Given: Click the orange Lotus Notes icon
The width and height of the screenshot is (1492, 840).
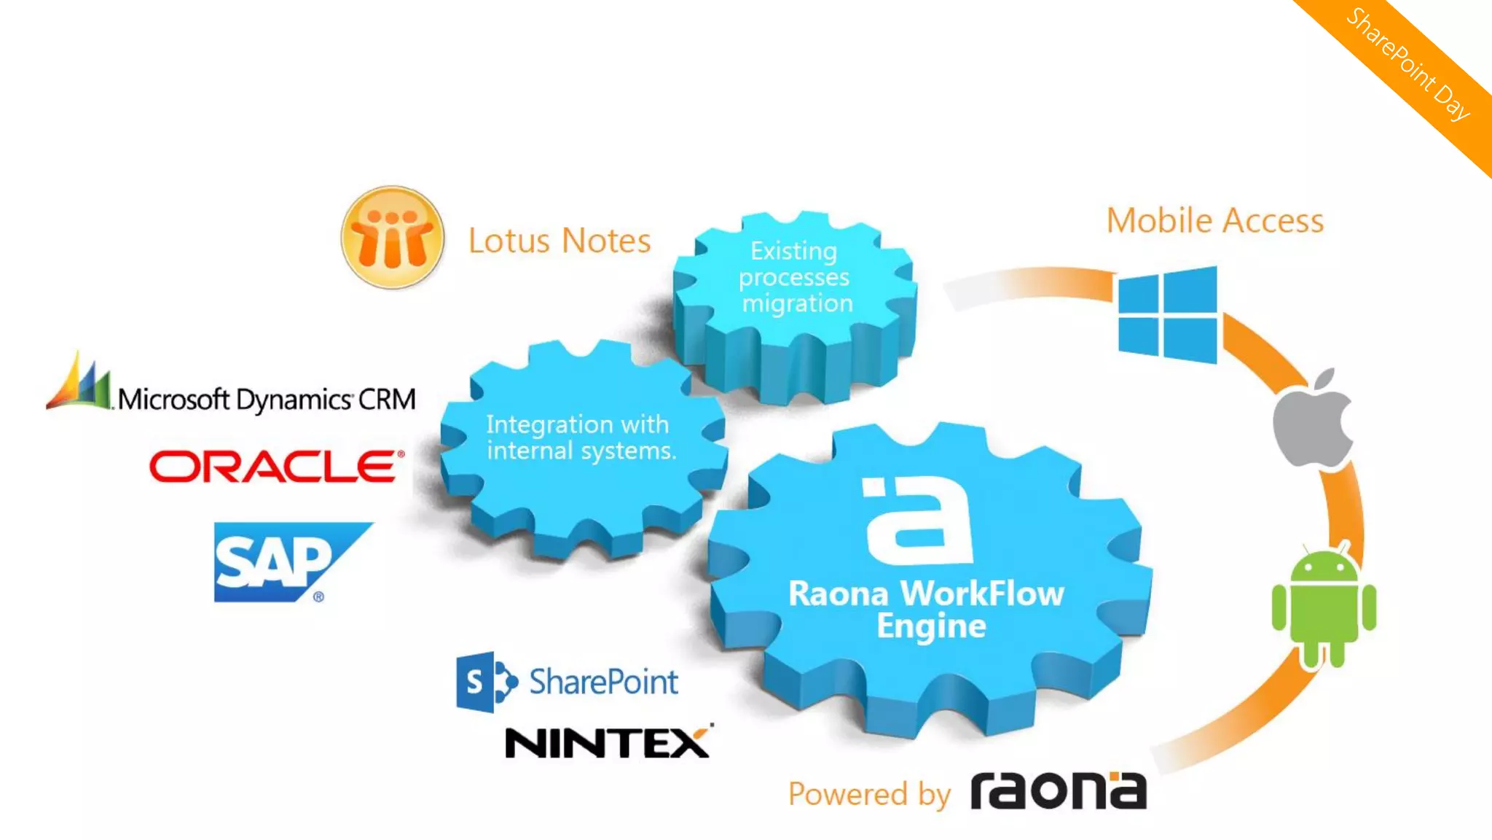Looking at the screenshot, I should (393, 238).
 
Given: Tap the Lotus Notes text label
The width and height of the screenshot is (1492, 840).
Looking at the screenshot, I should (559, 241).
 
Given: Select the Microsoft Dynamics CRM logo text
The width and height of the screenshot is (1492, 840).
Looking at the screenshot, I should (267, 400).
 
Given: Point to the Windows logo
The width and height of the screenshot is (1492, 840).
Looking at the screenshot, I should (1168, 314).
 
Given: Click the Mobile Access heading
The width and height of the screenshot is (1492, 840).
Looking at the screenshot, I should (1215, 221).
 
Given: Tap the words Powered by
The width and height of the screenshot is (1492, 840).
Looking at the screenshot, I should (869, 794).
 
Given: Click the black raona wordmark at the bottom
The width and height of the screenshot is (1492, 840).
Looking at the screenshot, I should (1059, 791).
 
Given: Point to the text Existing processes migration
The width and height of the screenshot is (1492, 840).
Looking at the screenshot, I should (795, 277).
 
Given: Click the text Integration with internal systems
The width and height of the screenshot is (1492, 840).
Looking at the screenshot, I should (581, 437).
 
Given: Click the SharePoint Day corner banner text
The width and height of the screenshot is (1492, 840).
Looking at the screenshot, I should (1407, 63).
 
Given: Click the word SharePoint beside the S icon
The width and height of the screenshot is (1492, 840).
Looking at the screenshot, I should (603, 682).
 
